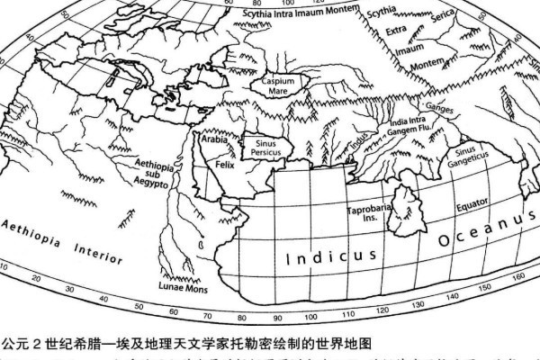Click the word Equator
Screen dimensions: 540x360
tap(472, 206)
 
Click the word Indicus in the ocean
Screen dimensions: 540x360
tap(331, 256)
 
